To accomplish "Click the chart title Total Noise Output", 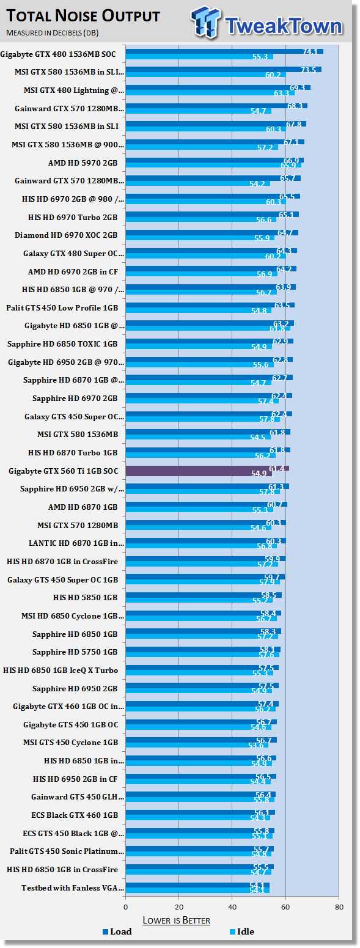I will tap(83, 16).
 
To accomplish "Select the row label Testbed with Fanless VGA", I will tap(73, 887).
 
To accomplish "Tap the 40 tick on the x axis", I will tap(232, 906).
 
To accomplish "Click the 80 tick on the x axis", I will tap(339, 906).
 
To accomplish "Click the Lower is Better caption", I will tap(176, 920).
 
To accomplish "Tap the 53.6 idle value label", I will tap(257, 745).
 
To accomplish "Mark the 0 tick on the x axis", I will tap(126, 906).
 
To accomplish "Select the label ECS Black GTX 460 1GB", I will tap(75, 815).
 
